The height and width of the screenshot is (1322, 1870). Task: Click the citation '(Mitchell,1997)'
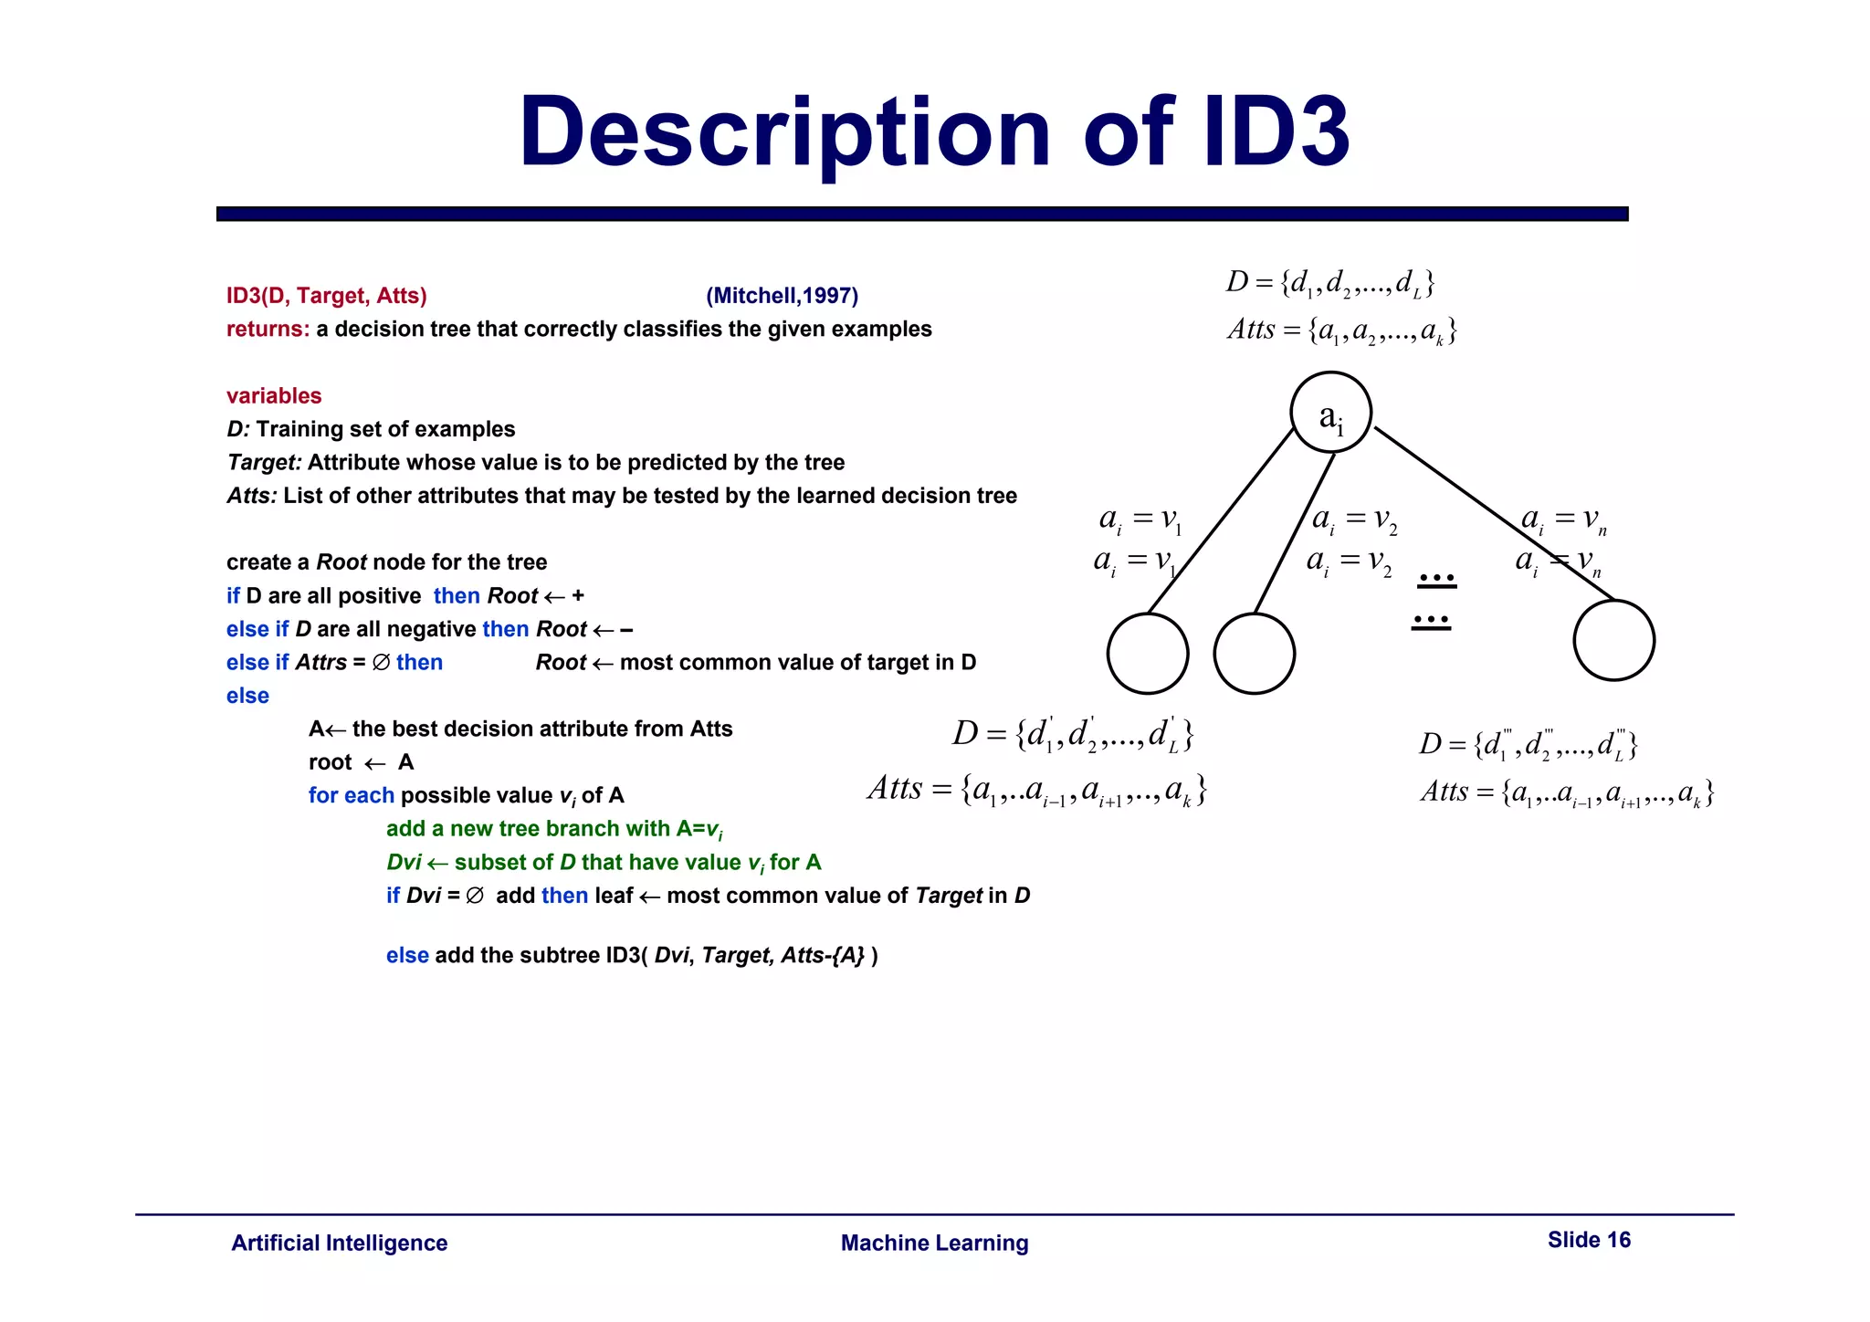point(782,296)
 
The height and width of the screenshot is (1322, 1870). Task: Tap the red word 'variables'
point(274,396)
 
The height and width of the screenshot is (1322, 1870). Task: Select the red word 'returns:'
point(268,330)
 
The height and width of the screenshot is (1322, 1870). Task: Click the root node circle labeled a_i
point(1330,413)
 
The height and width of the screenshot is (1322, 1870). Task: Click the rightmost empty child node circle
point(1613,640)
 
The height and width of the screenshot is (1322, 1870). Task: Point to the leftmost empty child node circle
point(1147,654)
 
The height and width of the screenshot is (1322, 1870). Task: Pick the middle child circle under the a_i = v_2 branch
point(1254,654)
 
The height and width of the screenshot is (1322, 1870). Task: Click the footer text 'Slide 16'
point(1589,1240)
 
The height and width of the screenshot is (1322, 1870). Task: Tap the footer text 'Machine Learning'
point(934,1243)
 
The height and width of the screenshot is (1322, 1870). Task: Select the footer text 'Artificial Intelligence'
point(339,1243)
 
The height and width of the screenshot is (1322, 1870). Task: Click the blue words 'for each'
point(351,795)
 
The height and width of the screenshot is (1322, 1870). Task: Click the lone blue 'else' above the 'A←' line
point(247,696)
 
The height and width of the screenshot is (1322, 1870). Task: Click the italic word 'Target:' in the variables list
point(264,463)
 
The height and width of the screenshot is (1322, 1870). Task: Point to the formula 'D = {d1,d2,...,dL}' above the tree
point(1329,283)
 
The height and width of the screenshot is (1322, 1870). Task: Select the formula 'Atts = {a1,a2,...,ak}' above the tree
point(1341,330)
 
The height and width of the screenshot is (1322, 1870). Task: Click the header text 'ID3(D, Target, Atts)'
point(326,296)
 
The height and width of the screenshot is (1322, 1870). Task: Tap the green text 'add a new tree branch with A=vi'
point(553,829)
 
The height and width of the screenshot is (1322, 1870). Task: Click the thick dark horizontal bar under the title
point(922,214)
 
